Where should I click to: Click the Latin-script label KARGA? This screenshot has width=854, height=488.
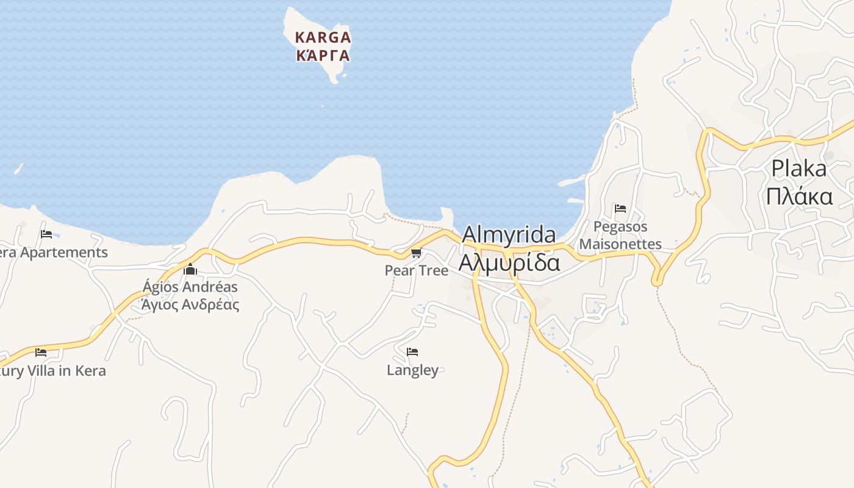tap(323, 37)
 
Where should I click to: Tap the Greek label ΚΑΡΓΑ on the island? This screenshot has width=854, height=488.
tap(323, 56)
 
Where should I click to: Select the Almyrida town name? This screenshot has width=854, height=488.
tap(509, 235)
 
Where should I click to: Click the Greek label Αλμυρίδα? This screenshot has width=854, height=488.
tap(509, 262)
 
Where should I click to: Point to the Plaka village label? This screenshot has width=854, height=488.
tap(798, 168)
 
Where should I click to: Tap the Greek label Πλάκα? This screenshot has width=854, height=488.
tap(799, 196)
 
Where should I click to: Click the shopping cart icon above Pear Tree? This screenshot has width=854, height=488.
tap(417, 253)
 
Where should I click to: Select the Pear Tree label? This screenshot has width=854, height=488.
tap(417, 270)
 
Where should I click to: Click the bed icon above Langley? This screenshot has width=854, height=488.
tap(412, 352)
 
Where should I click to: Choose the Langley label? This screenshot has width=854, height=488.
tap(412, 370)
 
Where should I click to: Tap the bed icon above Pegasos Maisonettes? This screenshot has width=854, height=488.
tap(620, 209)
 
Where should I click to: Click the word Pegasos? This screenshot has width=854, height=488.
tap(620, 227)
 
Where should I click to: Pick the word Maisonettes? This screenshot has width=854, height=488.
tap(620, 245)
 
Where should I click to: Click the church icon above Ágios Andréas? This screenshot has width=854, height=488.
tap(190, 269)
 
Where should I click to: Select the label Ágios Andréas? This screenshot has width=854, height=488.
tap(190, 287)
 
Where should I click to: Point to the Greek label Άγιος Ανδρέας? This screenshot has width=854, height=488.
tap(190, 304)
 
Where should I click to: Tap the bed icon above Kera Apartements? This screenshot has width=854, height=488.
tap(46, 234)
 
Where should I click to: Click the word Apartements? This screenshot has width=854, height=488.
tap(64, 253)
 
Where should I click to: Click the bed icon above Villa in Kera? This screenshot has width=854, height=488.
tap(41, 353)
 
